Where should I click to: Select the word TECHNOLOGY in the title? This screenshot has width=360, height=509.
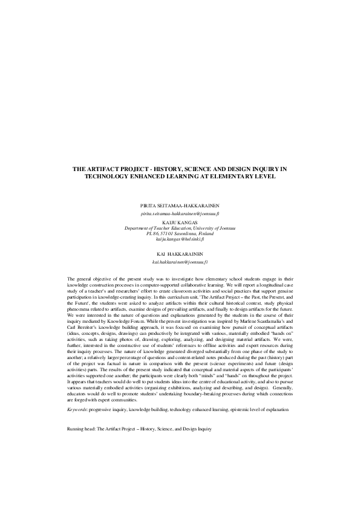point(116,177)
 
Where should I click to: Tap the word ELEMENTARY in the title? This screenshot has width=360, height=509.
point(233,177)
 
